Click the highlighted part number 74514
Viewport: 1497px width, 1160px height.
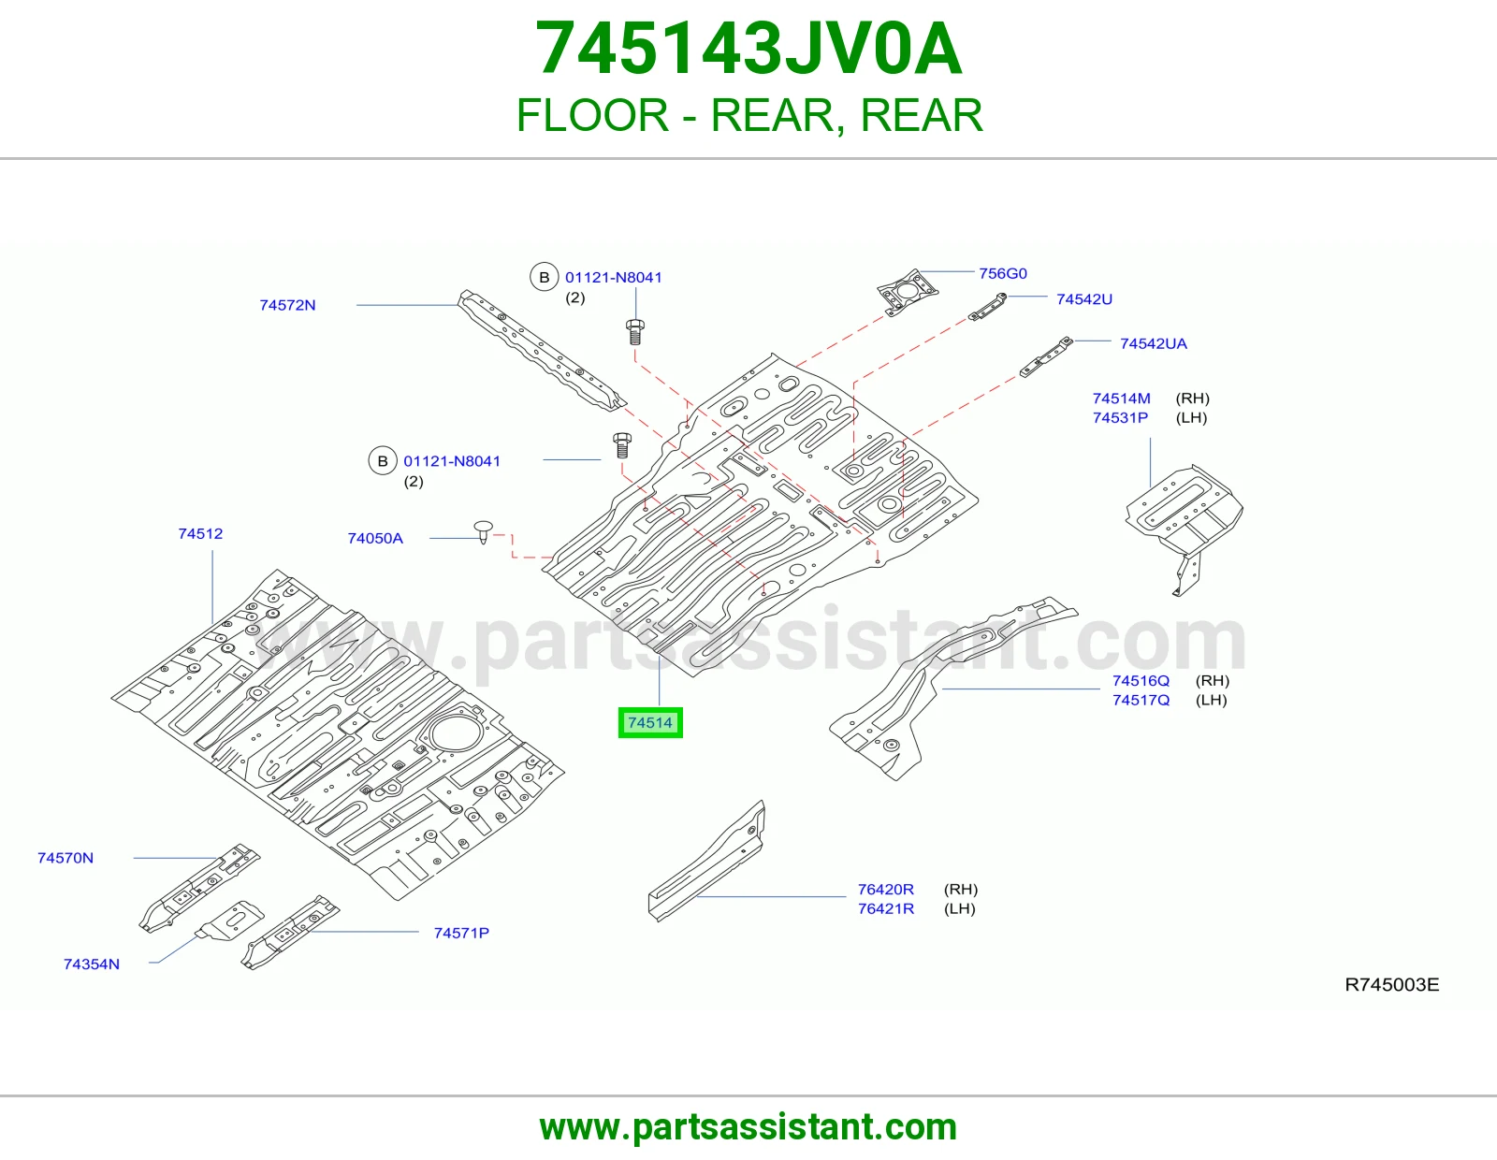coord(649,722)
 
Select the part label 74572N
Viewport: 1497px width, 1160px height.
coord(287,305)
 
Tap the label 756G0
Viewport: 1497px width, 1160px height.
coord(1002,273)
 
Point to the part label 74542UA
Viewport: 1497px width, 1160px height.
coord(1154,343)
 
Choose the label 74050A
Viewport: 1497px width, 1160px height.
coord(375,538)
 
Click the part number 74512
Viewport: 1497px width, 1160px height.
coord(200,534)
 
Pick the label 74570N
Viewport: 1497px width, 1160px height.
coord(65,858)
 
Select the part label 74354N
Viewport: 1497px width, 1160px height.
coord(91,964)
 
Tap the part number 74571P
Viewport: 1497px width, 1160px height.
coord(461,933)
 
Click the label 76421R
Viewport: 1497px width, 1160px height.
coord(885,908)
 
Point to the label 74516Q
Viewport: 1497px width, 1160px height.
coord(1141,681)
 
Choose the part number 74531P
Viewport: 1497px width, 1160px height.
coord(1120,417)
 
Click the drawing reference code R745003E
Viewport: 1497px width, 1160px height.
coord(1391,984)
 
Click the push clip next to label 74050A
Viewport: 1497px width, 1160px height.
coord(484,531)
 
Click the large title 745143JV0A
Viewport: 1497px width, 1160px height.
coord(748,49)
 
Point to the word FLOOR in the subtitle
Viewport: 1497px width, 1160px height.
coord(592,115)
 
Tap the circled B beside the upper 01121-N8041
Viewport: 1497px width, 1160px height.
coord(544,277)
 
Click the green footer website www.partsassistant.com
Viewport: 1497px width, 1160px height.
coord(748,1127)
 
